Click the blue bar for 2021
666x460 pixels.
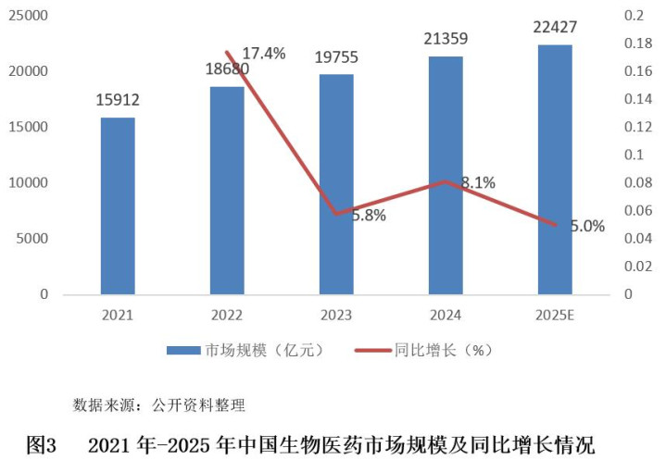pos(118,205)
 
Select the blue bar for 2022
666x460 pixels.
pos(227,191)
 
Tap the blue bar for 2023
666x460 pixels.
pos(336,184)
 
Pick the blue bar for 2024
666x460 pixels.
pos(446,176)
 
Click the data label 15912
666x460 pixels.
pos(119,100)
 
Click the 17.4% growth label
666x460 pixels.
pos(263,53)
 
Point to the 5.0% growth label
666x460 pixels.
pos(586,225)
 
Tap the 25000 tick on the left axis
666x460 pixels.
pos(29,16)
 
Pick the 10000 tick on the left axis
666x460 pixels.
pos(29,183)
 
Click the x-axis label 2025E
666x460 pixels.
pos(555,315)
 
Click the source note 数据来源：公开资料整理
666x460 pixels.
pos(158,404)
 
